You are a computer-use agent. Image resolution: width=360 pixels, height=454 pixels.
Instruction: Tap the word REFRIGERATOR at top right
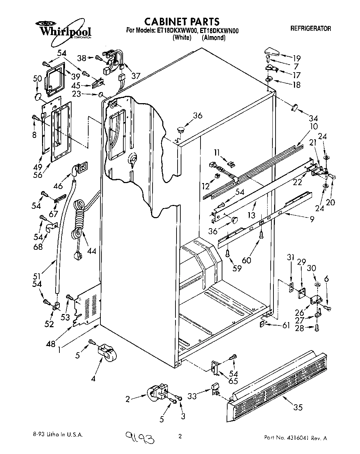[x=311, y=29]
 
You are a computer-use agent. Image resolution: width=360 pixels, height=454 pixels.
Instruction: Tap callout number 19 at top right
[x=296, y=58]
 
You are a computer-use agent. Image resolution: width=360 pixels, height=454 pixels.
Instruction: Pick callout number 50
[x=37, y=79]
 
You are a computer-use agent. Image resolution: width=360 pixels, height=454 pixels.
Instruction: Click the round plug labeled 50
[x=39, y=96]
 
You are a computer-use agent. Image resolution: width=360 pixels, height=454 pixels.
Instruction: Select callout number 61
[x=286, y=325]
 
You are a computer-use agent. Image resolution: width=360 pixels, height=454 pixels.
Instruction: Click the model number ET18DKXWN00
[x=219, y=31]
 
